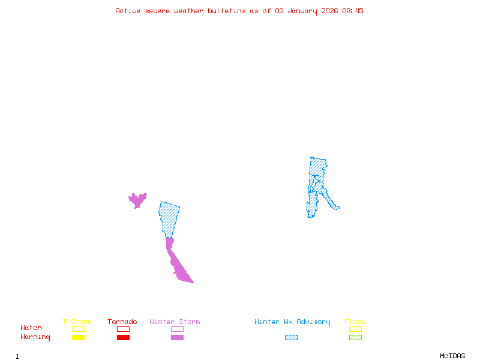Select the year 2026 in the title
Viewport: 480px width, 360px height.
pyautogui.click(x=331, y=11)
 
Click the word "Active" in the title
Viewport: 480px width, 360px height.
pyautogui.click(x=128, y=11)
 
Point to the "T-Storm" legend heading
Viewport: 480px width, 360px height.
pyautogui.click(x=77, y=322)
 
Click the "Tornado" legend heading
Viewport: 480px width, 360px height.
pyautogui.click(x=122, y=322)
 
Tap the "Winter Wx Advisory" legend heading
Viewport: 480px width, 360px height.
pyautogui.click(x=292, y=322)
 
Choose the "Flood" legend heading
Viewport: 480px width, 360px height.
pyautogui.click(x=355, y=322)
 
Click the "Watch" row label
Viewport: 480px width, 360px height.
pyautogui.click(x=31, y=328)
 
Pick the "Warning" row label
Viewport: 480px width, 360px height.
pyautogui.click(x=35, y=337)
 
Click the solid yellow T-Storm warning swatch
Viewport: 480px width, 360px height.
pyautogui.click(x=78, y=338)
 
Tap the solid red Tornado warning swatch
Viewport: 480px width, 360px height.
pyautogui.click(x=123, y=338)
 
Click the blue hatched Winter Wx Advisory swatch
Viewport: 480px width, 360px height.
pyautogui.click(x=291, y=338)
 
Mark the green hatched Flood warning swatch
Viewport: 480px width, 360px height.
pyautogui.click(x=355, y=338)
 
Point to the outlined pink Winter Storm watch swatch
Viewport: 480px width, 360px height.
pyautogui.click(x=177, y=329)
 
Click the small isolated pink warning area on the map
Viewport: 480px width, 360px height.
pyautogui.click(x=137, y=200)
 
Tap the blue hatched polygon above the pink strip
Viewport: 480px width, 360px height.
pyautogui.click(x=169, y=217)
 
